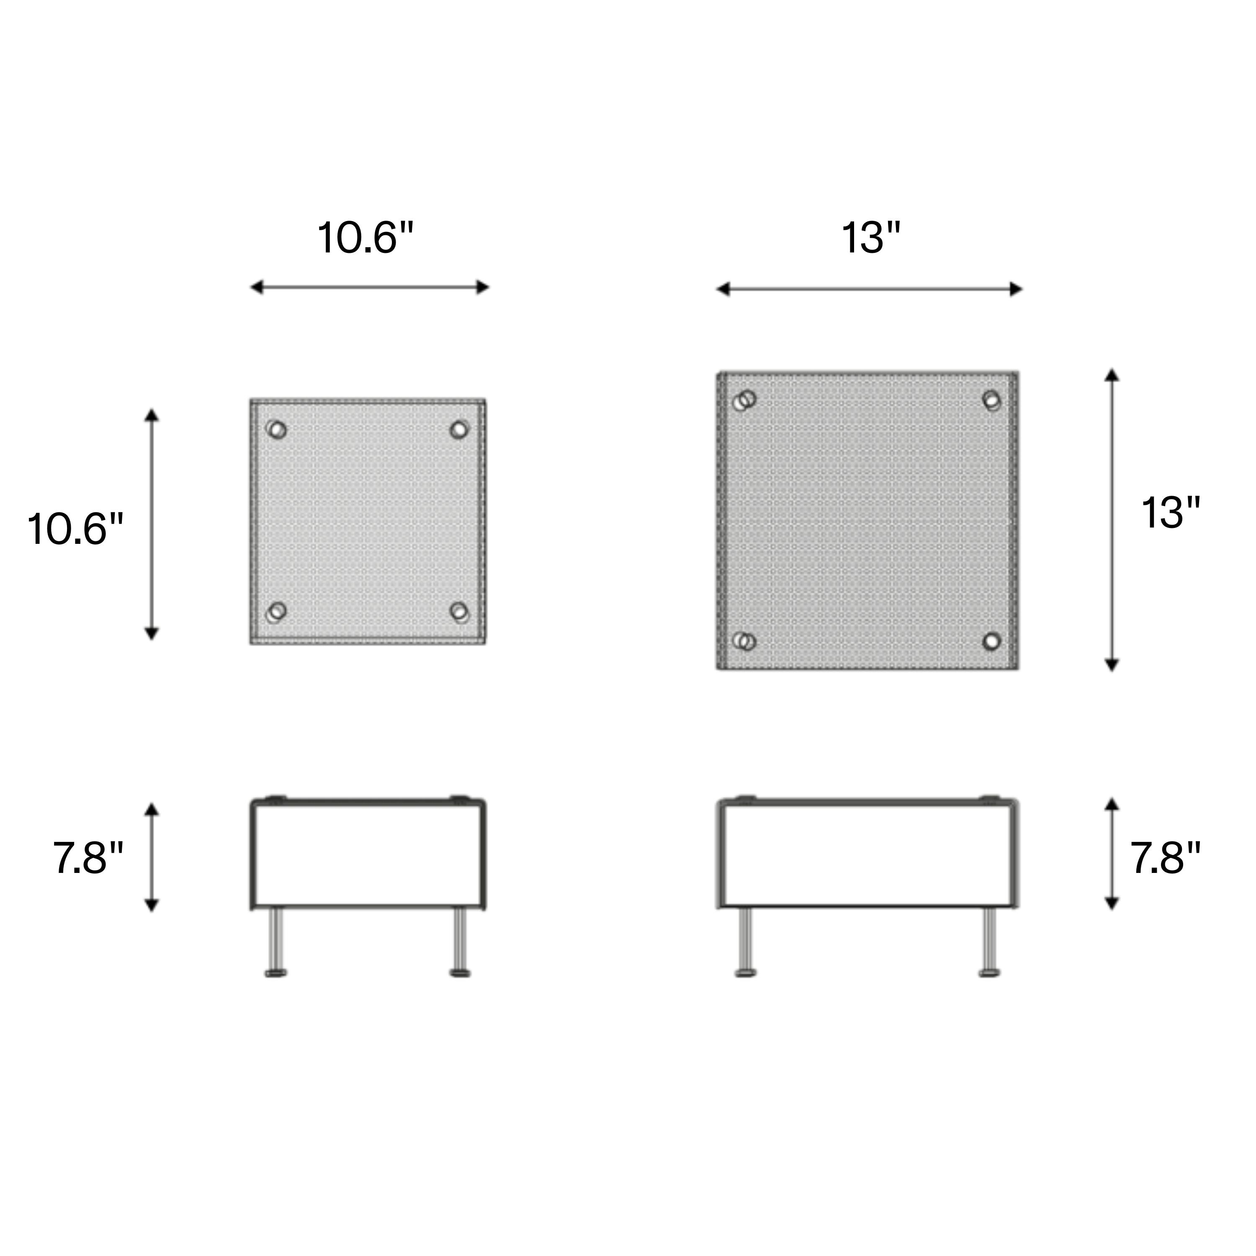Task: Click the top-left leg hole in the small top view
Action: point(276,430)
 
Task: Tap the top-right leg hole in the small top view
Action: point(459,430)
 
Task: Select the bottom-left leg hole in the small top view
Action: point(276,612)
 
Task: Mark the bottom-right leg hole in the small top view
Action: point(459,612)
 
